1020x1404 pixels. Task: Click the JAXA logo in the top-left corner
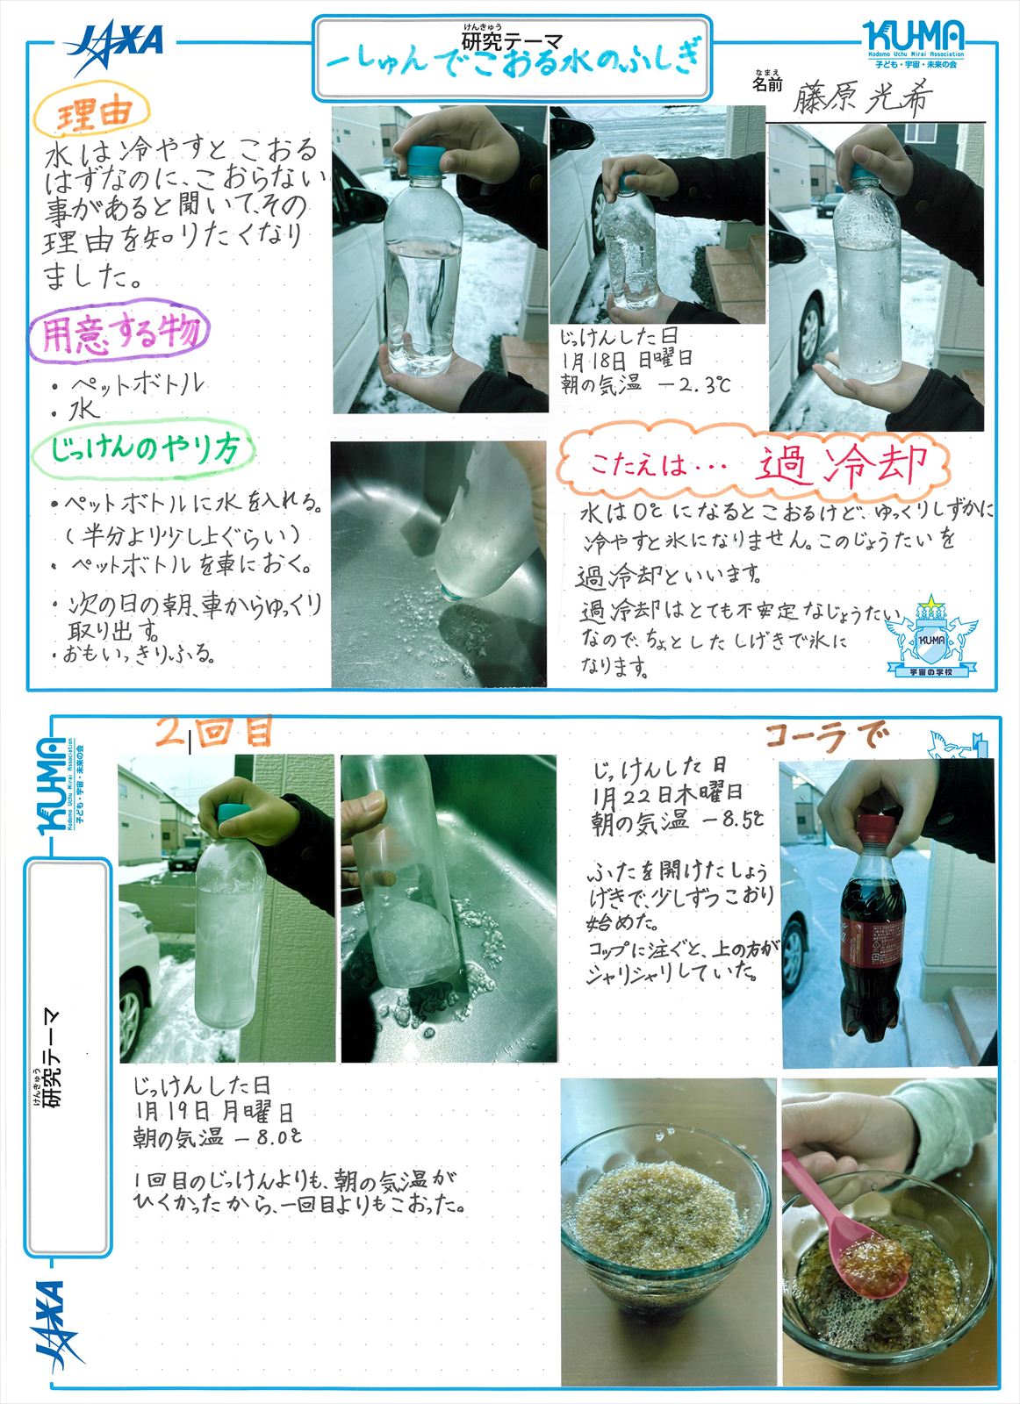click(115, 47)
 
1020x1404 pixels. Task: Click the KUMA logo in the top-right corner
click(914, 43)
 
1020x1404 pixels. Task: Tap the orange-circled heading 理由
click(92, 115)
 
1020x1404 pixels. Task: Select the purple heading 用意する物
click(120, 330)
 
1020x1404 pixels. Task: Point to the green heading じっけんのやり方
click(144, 448)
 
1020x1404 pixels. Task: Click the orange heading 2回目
click(213, 732)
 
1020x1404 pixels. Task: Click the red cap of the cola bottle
click(876, 828)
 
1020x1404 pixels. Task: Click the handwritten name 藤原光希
click(862, 98)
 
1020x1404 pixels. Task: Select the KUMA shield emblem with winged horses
click(931, 636)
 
